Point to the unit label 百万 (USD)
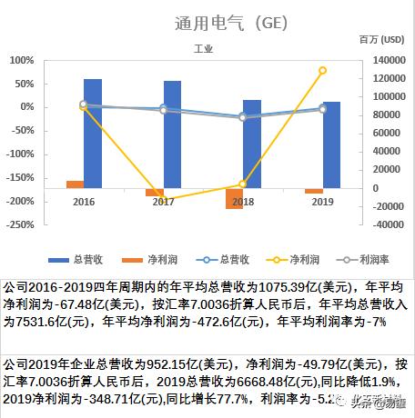381,41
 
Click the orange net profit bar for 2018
234,197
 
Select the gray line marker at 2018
243,117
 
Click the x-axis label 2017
163,201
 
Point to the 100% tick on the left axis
21,60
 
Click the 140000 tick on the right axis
382,60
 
